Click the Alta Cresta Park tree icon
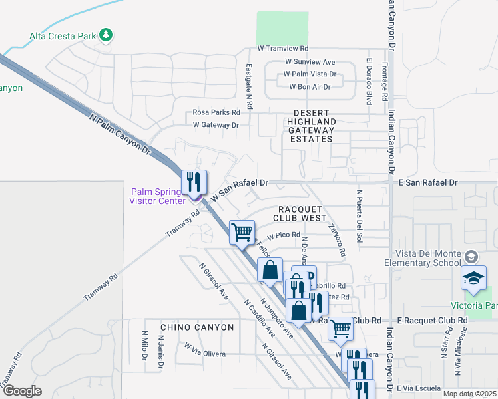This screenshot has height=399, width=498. click(105, 35)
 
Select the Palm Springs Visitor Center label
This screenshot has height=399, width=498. click(157, 197)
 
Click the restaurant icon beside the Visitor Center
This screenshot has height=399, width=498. click(194, 182)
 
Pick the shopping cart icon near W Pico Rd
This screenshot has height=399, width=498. click(242, 233)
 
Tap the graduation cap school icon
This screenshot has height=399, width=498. click(474, 279)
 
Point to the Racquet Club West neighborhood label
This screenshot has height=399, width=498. click(300, 213)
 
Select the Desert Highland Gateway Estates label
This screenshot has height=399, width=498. click(311, 126)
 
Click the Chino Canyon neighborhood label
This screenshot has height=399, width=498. click(197, 327)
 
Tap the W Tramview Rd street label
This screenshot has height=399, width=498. click(283, 49)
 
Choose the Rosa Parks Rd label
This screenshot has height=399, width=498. click(216, 112)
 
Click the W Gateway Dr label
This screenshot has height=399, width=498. click(216, 124)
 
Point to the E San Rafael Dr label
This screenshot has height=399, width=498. click(429, 182)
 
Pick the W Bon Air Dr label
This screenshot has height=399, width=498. click(310, 87)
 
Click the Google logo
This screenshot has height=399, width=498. click(22, 390)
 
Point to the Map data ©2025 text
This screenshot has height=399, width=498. click(469, 394)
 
